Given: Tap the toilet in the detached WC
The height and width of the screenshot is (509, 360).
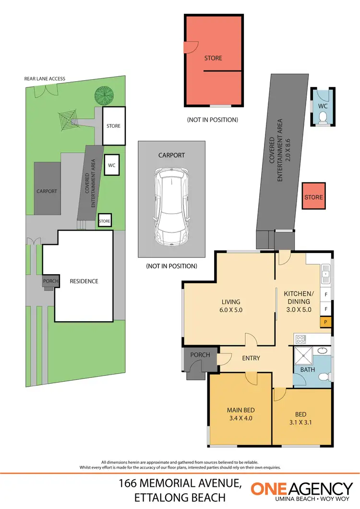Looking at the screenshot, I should (x=323, y=116).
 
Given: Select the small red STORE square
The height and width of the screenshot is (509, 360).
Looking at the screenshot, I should (x=313, y=196).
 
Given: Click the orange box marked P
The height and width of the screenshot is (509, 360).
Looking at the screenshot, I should (x=326, y=322).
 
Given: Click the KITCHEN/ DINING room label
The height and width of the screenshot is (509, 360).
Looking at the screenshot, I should (x=298, y=302).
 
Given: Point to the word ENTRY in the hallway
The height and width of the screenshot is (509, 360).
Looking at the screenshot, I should (x=251, y=358).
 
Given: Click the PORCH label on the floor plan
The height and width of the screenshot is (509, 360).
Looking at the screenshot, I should (x=200, y=355).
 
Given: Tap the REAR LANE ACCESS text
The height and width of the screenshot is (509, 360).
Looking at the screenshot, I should (x=45, y=79).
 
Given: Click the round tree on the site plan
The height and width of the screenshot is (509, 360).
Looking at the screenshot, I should (x=102, y=95).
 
